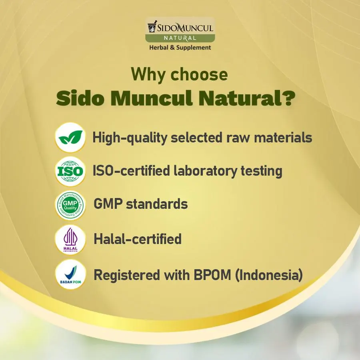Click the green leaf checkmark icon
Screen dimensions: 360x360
coord(70,137)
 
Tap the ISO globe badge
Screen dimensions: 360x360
coord(70,171)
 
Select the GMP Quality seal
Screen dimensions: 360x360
coord(70,205)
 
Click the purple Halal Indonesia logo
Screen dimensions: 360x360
coord(70,240)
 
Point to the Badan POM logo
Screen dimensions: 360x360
coord(70,274)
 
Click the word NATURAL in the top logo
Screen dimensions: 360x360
coord(180,38)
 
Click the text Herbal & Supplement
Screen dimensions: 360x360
coord(180,48)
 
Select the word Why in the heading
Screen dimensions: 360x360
coord(148,74)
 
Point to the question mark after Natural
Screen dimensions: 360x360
coord(289,98)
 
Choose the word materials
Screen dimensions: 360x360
coord(283,138)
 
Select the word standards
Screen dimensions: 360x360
coord(157,204)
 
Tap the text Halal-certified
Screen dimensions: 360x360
coord(138,239)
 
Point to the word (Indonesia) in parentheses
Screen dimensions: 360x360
coord(269,275)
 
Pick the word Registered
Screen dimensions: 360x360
coord(127,275)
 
